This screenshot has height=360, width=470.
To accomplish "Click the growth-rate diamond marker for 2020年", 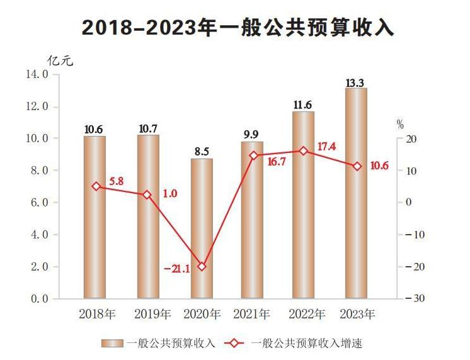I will pyautogui.click(x=202, y=266).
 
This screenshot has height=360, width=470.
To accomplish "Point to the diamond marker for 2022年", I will pyautogui.click(x=304, y=151).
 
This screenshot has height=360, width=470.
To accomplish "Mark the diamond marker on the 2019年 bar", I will pyautogui.click(x=147, y=195).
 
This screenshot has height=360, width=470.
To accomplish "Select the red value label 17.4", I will pyautogui.click(x=326, y=147).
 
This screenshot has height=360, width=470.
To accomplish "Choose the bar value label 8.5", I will pyautogui.click(x=202, y=152).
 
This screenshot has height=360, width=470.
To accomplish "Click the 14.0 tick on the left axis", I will pyautogui.click(x=37, y=74).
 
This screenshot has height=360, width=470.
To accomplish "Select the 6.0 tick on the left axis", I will pyautogui.click(x=37, y=203).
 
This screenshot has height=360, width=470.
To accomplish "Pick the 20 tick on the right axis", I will pyautogui.click(x=416, y=138).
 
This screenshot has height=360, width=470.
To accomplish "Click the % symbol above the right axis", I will pyautogui.click(x=400, y=124).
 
